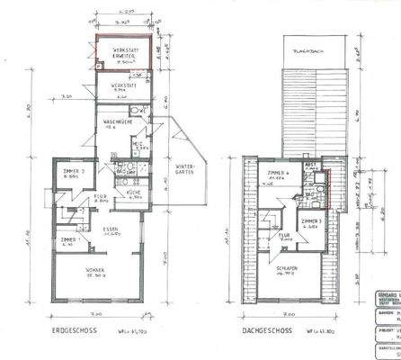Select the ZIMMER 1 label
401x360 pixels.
pos(68,240)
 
